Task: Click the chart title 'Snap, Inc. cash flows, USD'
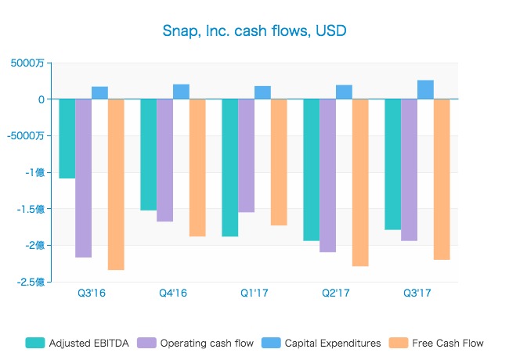(254, 31)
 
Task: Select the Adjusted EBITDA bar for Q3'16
(67, 139)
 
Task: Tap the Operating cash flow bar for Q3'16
(84, 178)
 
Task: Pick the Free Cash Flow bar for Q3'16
(116, 184)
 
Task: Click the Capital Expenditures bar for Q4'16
(181, 92)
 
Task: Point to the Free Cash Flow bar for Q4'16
(197, 167)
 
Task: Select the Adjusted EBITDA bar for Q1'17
(230, 167)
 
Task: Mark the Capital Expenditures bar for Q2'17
(344, 92)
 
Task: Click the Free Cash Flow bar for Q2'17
(360, 182)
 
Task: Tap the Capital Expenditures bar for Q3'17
(425, 90)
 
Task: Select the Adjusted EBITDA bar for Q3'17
(393, 164)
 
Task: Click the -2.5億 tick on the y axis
(30, 282)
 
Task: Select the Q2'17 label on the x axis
(336, 293)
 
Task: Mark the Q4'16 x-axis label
(173, 293)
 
